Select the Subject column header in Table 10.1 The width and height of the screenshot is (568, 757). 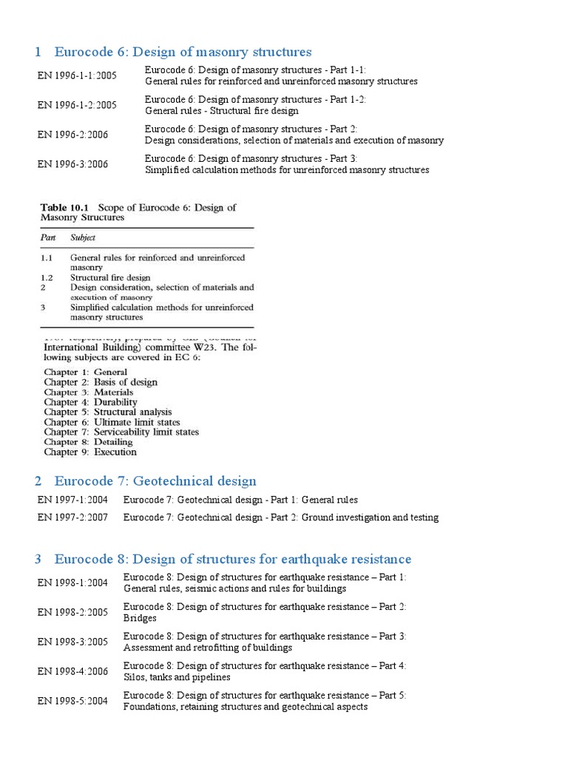84,238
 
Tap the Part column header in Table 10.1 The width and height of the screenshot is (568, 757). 47,238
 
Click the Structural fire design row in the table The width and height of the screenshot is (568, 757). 110,277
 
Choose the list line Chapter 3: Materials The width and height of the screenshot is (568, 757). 89,393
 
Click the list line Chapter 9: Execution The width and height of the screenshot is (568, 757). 90,452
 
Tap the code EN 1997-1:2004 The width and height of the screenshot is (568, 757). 73,500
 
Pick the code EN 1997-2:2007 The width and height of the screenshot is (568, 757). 73,517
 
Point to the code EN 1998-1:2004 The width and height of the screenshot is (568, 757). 73,583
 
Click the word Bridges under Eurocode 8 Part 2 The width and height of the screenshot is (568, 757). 140,618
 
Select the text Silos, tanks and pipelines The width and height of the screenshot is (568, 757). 177,677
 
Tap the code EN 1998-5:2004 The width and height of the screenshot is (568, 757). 73,701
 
